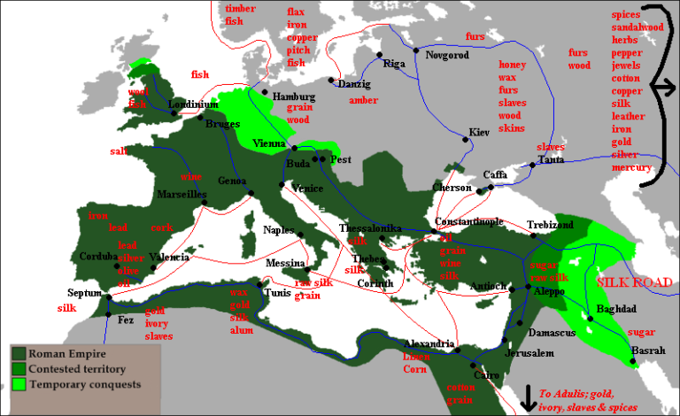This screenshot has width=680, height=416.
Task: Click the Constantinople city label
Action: coord(469,221)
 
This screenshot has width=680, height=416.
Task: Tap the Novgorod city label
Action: coord(444,55)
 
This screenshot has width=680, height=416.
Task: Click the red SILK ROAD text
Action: coord(635,281)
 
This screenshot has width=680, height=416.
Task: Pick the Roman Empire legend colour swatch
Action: coord(19,353)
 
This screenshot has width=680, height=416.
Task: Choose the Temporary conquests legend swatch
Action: coord(19,383)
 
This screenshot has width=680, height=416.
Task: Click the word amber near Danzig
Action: coord(363,100)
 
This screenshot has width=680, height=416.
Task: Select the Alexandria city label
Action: coord(429,343)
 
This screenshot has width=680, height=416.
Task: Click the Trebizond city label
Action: coord(550,225)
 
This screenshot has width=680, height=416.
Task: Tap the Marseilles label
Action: coord(181,193)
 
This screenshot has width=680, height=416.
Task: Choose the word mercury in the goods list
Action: coord(631,167)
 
